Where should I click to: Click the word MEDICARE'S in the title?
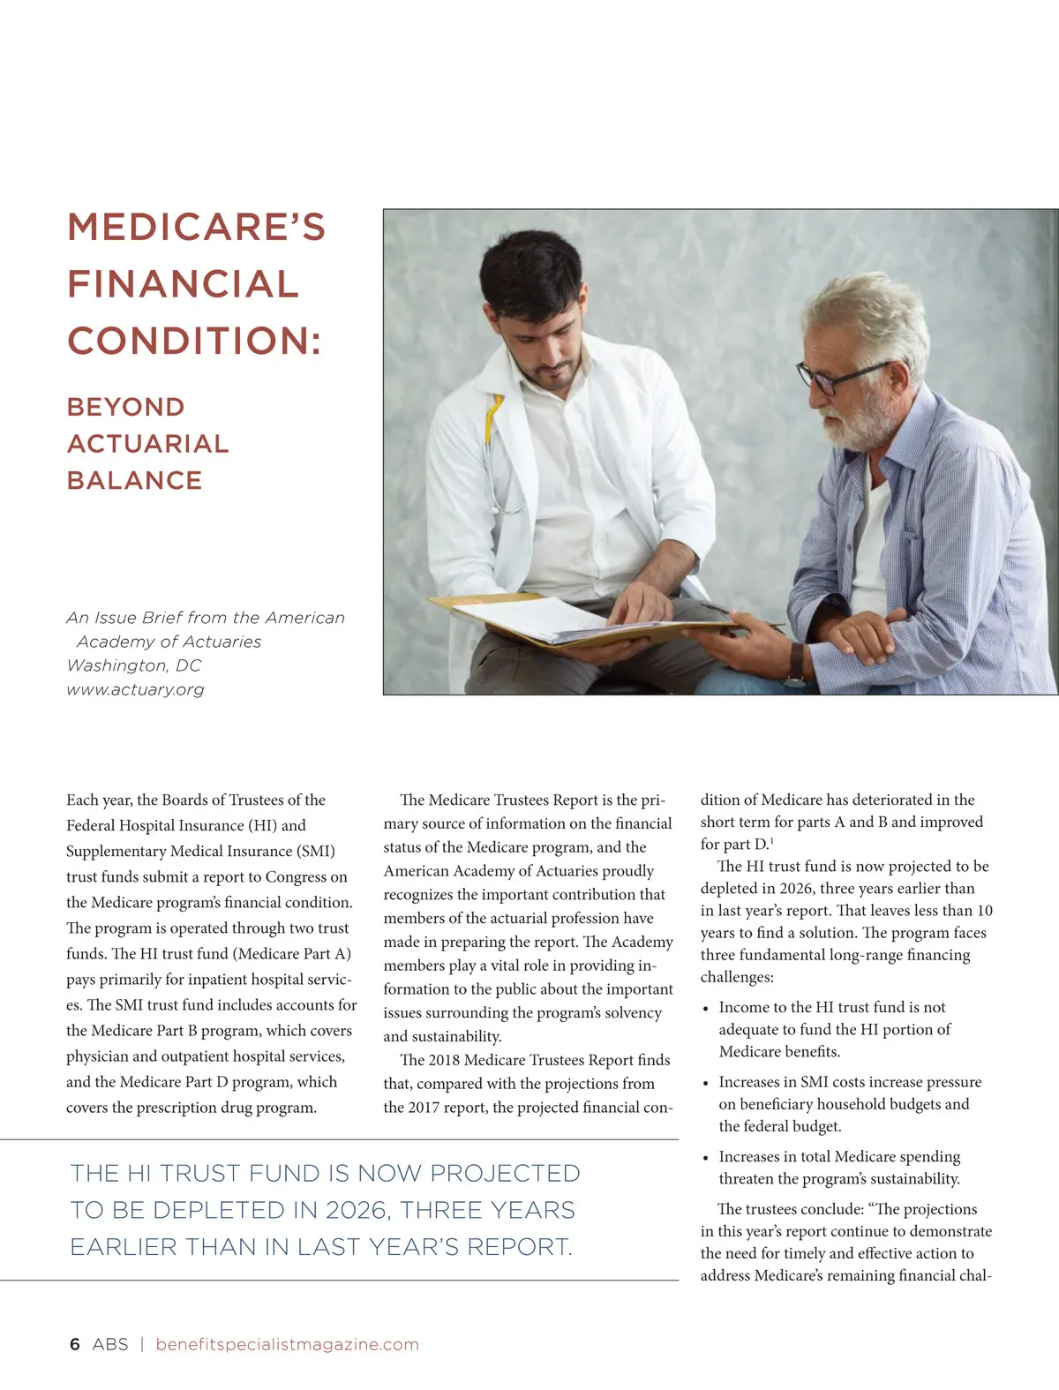point(196,228)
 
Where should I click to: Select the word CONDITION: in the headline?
point(194,342)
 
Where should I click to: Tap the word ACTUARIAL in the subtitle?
point(147,444)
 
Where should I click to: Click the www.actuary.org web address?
point(135,690)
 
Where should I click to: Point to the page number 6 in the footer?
point(75,1344)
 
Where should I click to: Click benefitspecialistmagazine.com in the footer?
point(287,1344)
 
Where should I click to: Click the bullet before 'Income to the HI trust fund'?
point(705,1009)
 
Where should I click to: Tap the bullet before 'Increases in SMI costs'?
point(705,1083)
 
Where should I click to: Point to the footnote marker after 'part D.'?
point(772,841)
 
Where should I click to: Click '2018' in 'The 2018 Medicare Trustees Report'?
point(444,1060)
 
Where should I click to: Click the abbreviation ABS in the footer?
point(110,1344)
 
